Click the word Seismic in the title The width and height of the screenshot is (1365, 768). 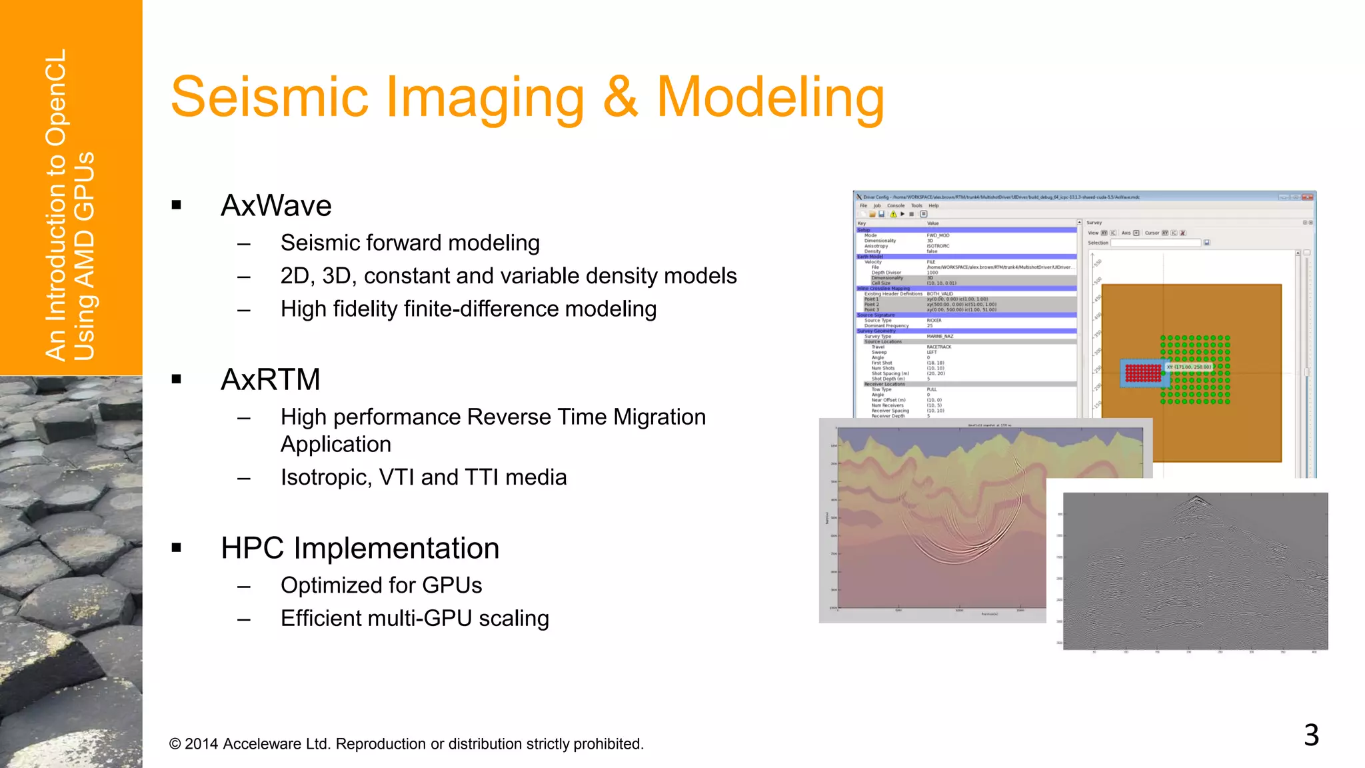click(269, 97)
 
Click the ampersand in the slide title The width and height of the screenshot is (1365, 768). click(620, 97)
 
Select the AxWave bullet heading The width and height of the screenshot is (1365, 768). click(276, 205)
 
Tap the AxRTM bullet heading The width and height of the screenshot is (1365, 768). click(270, 379)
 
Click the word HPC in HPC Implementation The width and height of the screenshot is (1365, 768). click(253, 548)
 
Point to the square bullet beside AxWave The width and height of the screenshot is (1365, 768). click(177, 205)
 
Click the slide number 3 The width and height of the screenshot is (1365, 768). click(1311, 735)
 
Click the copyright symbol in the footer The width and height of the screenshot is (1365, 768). click(175, 744)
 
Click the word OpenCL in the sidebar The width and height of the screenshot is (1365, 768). click(57, 97)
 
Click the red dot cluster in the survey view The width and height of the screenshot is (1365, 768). click(1143, 373)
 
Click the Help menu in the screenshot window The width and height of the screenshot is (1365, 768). click(934, 206)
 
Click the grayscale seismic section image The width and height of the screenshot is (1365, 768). click(1194, 571)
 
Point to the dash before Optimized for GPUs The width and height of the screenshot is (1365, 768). click(244, 586)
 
